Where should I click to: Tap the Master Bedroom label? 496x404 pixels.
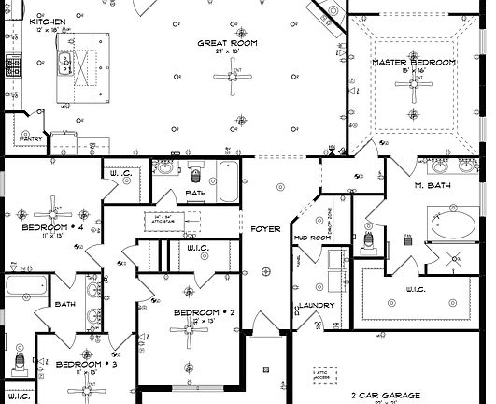[x=414, y=63]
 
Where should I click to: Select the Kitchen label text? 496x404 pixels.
[x=46, y=20]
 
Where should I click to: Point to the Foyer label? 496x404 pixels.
[x=266, y=229]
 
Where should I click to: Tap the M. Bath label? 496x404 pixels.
[x=433, y=185]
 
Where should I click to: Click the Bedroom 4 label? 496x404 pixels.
[x=46, y=227]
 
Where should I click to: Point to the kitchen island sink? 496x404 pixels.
[x=66, y=65]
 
